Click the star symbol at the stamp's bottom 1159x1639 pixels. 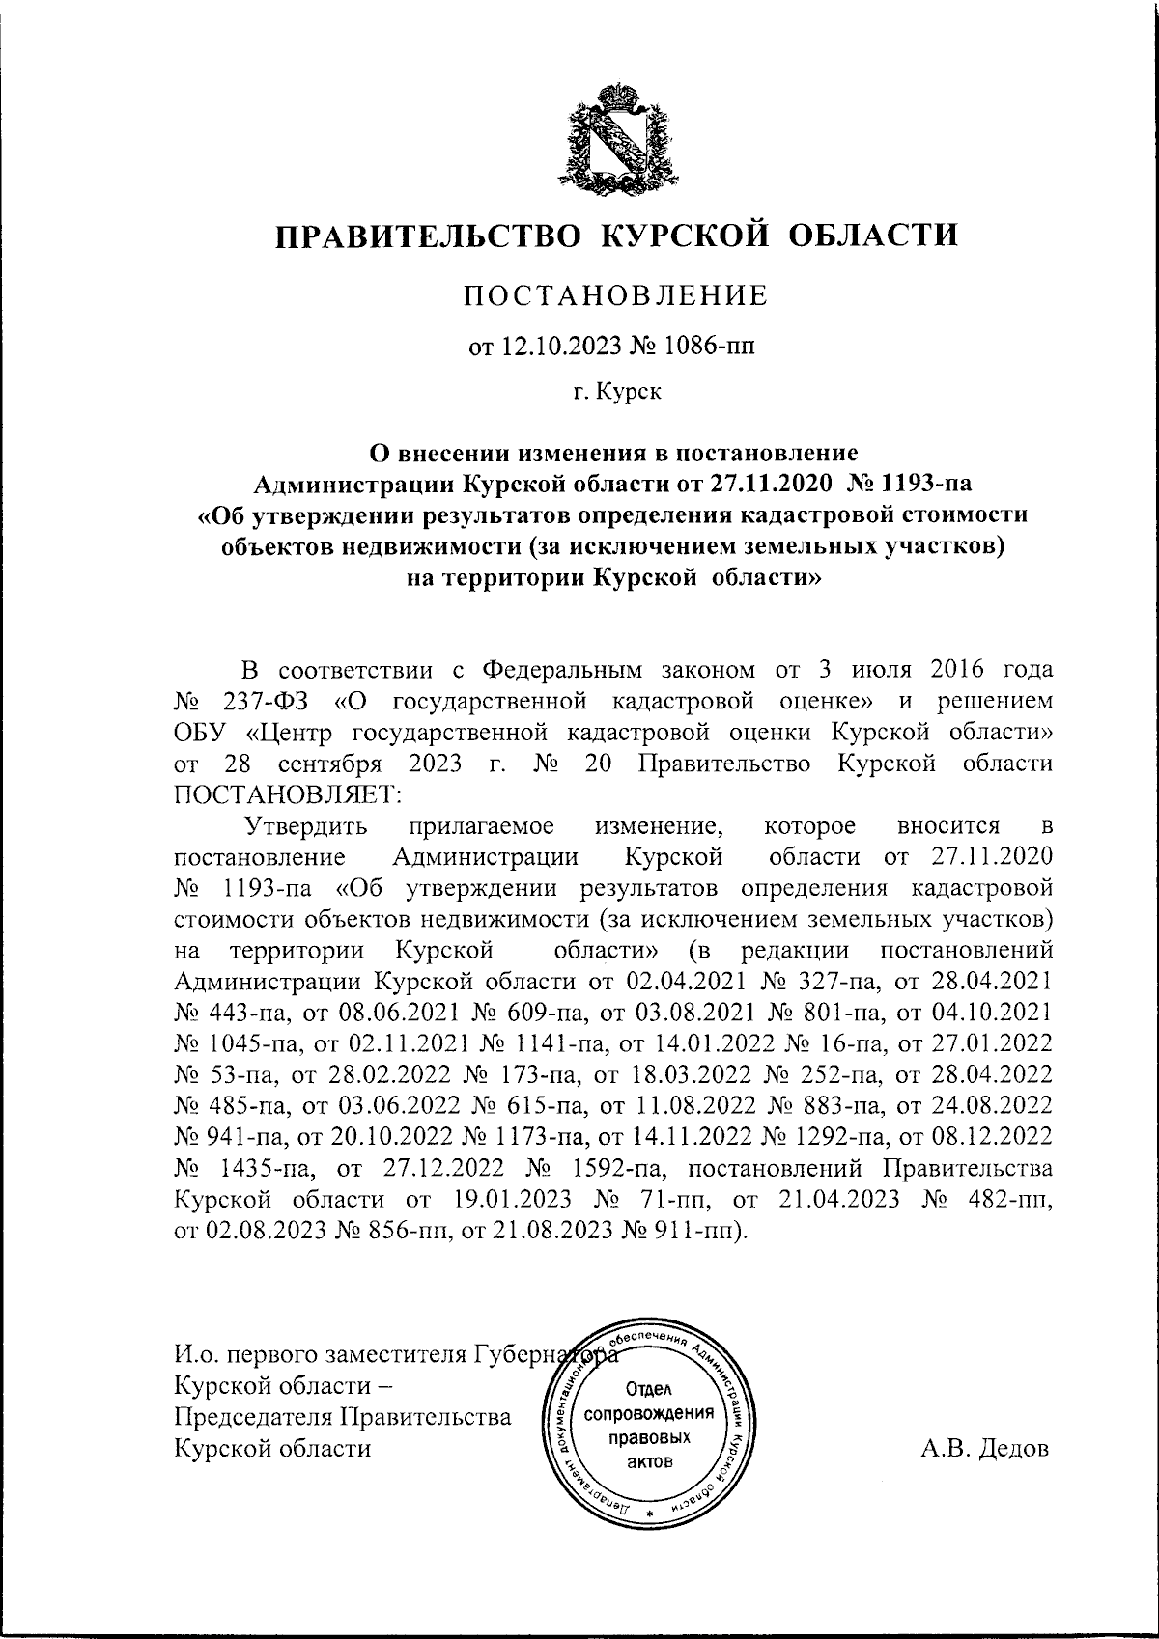tap(650, 1513)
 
